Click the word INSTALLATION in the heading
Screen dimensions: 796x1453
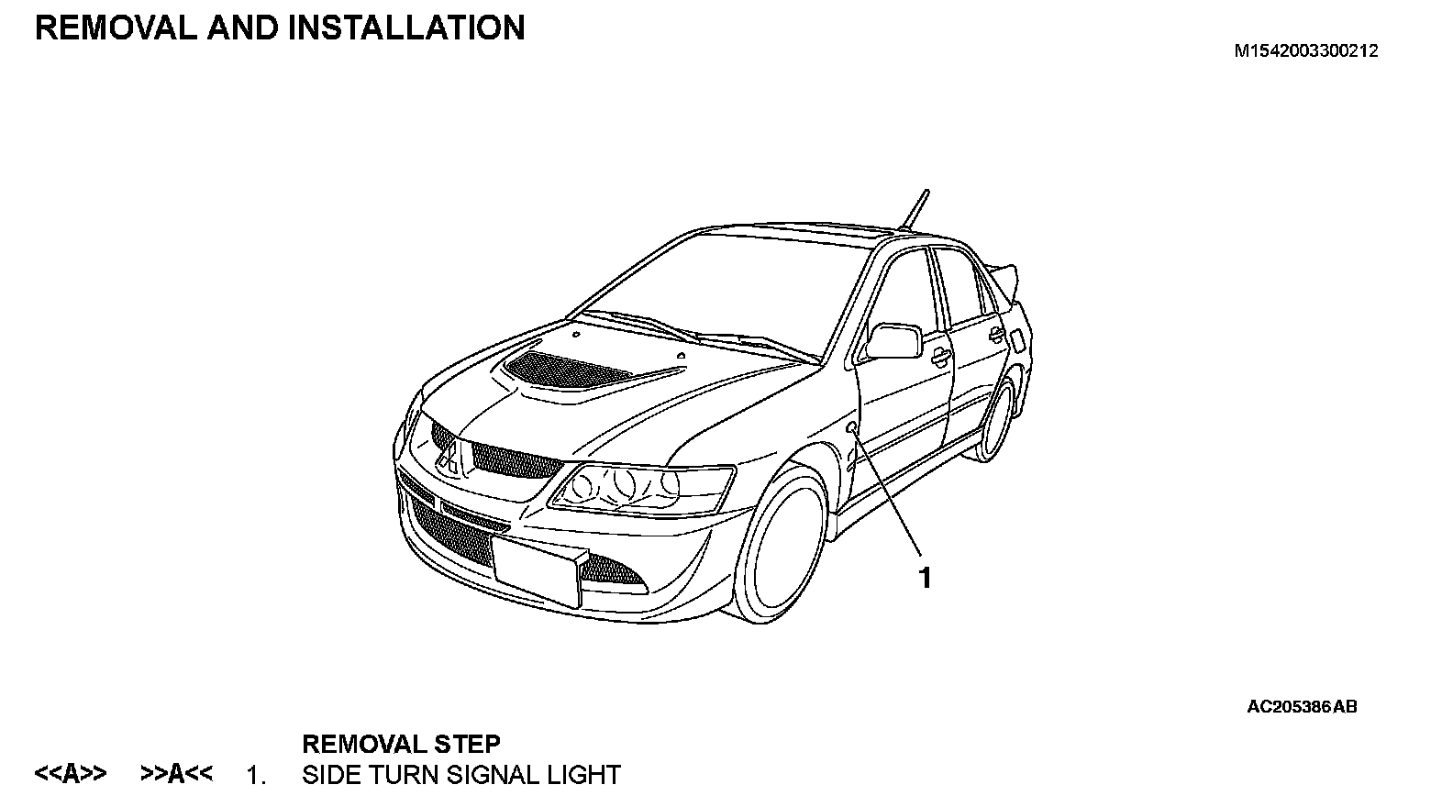406,28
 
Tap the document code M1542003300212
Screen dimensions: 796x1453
1305,52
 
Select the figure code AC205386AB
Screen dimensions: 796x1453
1302,707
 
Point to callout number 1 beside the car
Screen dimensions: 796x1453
926,578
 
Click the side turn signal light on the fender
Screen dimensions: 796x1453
852,428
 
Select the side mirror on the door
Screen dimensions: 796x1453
894,340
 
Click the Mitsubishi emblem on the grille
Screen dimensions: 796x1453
449,454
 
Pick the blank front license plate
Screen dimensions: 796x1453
536,567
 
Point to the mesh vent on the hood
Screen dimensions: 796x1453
564,370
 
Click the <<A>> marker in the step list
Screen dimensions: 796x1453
70,775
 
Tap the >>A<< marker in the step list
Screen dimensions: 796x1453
176,775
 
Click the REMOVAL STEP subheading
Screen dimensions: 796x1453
401,744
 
